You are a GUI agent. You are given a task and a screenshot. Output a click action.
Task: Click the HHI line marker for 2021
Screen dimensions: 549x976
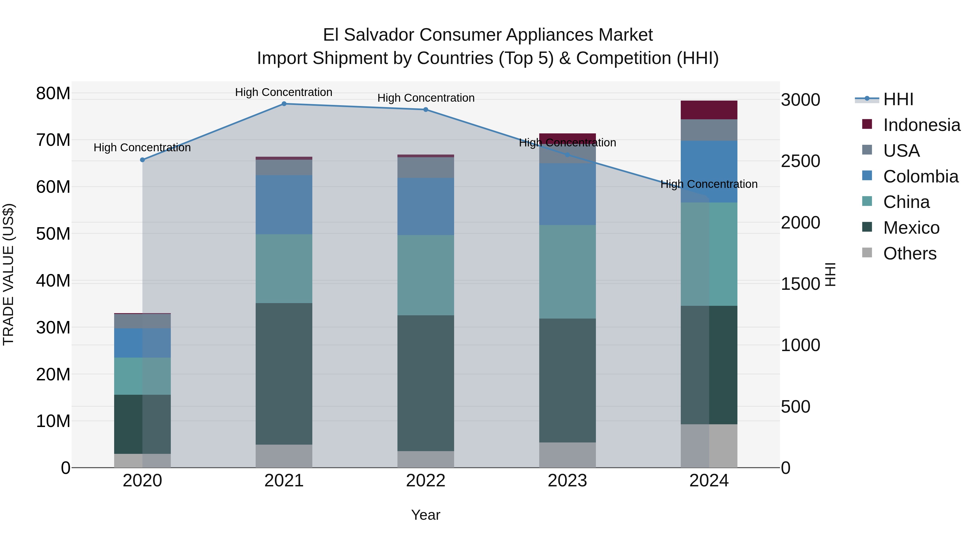coord(284,104)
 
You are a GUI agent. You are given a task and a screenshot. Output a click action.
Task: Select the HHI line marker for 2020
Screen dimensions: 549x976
coord(142,160)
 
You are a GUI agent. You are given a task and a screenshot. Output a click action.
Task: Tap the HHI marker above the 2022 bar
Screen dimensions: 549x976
coord(425,110)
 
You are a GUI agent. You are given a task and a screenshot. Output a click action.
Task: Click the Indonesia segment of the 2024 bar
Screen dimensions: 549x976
coord(709,110)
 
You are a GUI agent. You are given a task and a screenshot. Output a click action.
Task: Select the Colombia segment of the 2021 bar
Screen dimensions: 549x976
coord(284,205)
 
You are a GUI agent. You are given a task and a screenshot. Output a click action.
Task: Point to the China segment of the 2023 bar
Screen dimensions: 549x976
coord(567,272)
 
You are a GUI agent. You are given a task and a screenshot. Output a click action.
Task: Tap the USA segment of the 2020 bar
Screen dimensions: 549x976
coord(142,321)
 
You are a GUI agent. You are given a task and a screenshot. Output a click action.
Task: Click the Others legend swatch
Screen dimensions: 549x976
coord(867,253)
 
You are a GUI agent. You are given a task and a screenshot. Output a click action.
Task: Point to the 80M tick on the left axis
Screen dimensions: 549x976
coord(53,93)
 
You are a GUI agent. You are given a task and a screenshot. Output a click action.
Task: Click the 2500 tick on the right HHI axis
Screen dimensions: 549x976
coord(800,161)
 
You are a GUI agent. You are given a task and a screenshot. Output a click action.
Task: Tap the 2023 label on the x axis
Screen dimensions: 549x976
coord(567,481)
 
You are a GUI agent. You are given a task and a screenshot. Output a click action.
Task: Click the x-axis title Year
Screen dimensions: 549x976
coord(425,515)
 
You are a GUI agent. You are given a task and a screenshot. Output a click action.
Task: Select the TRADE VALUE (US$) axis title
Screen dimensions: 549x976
coord(8,274)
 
